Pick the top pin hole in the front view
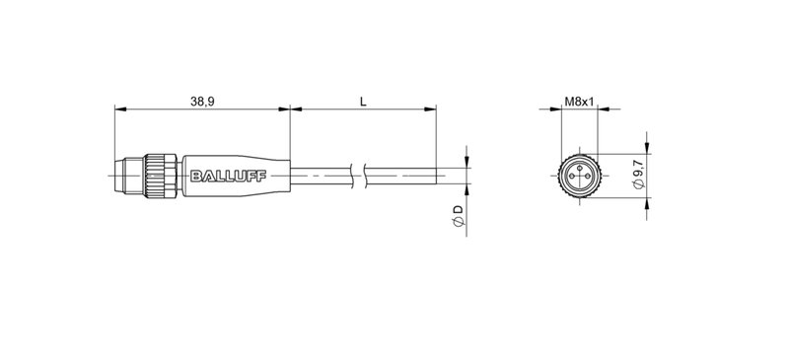click(x=580, y=168)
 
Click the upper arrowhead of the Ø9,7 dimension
click(x=647, y=150)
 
